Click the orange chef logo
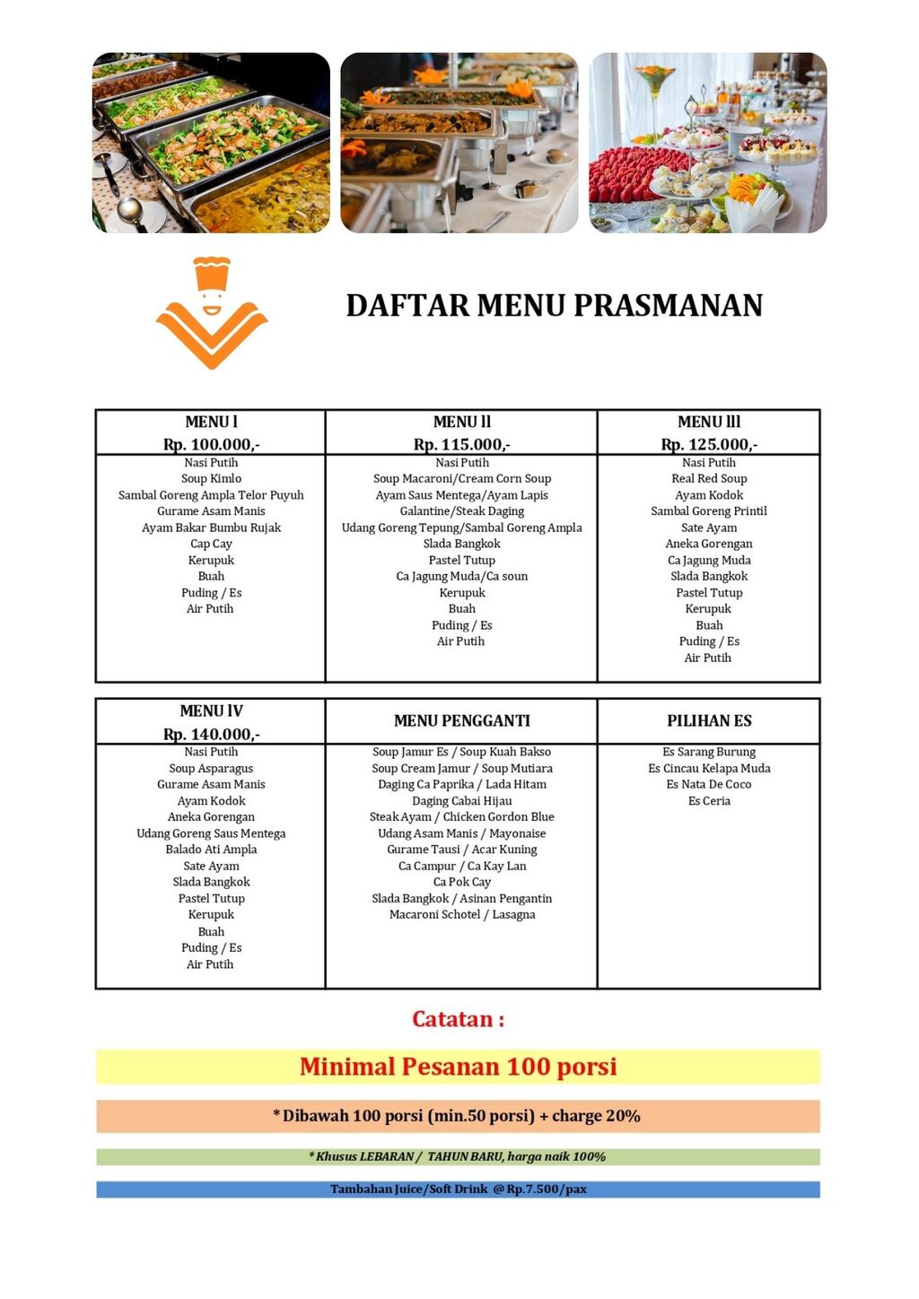pyautogui.click(x=212, y=313)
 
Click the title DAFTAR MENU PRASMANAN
pyautogui.click(x=554, y=306)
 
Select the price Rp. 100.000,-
pyautogui.click(x=212, y=444)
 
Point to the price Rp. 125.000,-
pyautogui.click(x=709, y=444)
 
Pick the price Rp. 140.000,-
pyautogui.click(x=212, y=734)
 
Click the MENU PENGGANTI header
pyautogui.click(x=462, y=721)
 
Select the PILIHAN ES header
pyautogui.click(x=709, y=721)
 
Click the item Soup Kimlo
pyautogui.click(x=212, y=479)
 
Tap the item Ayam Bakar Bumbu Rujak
pyautogui.click(x=212, y=527)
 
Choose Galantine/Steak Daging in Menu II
pyautogui.click(x=462, y=511)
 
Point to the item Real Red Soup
pyautogui.click(x=709, y=479)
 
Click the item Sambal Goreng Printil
pyautogui.click(x=709, y=511)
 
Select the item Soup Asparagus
pyautogui.click(x=212, y=768)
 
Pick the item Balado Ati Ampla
pyautogui.click(x=212, y=850)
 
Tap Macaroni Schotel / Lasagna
pyautogui.click(x=462, y=914)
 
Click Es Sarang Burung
pyautogui.click(x=709, y=752)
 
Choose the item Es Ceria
pyautogui.click(x=709, y=801)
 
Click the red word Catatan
pyautogui.click(x=458, y=1019)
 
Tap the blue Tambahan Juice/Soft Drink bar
pyautogui.click(x=458, y=1190)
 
